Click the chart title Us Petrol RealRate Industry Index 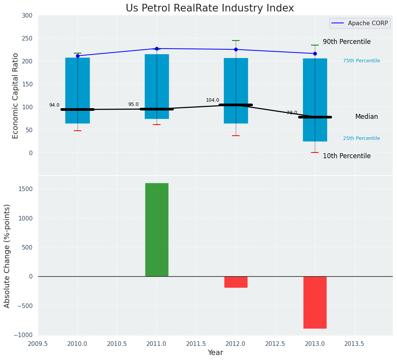(x=210, y=8)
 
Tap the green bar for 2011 (x=157, y=229)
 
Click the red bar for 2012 (x=236, y=282)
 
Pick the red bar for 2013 (x=315, y=302)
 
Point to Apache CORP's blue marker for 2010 (x=78, y=56)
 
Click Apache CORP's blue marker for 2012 (x=236, y=49)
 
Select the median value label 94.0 (x=54, y=105)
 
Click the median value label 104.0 (x=212, y=100)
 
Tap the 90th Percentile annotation (x=347, y=42)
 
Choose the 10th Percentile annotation (x=347, y=156)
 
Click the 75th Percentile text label (x=361, y=61)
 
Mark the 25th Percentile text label (x=361, y=138)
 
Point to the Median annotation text (x=366, y=117)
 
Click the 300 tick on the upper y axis (x=30, y=15)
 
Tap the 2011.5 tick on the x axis (x=196, y=344)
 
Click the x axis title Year (x=215, y=353)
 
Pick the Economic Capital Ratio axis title (x=16, y=96)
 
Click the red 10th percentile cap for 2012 (x=236, y=136)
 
